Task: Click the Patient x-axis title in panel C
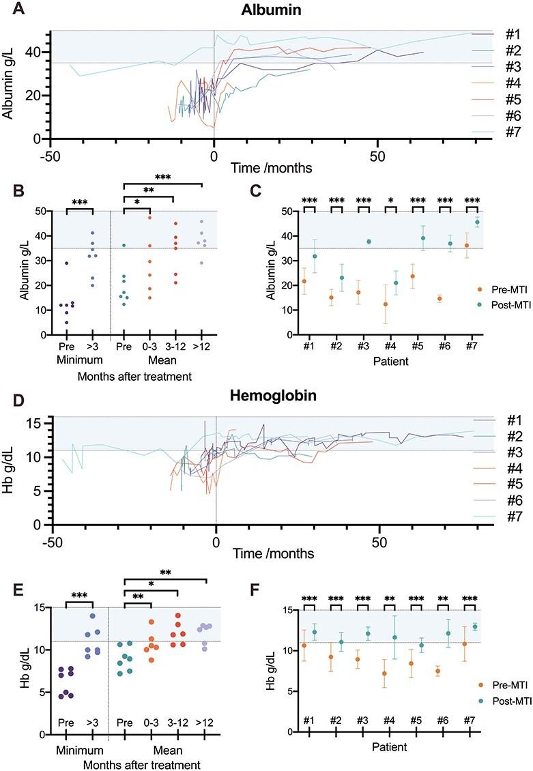click(x=390, y=360)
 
